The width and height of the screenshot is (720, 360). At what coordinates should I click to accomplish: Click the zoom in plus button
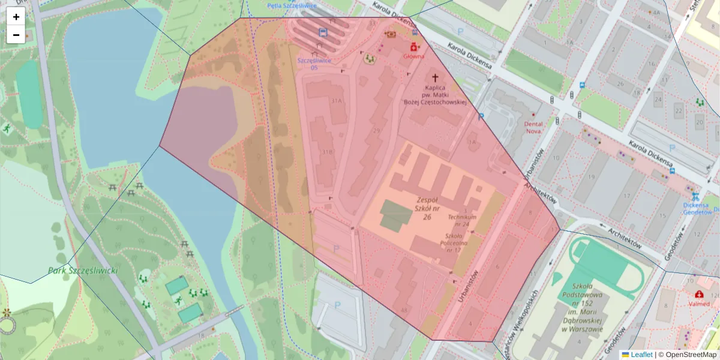[x=16, y=17]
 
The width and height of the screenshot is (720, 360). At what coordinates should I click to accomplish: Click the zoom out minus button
[x=16, y=35]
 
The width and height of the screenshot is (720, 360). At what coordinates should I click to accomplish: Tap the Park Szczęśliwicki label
[x=83, y=271]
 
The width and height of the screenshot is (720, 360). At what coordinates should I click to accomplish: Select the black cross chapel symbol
[x=435, y=78]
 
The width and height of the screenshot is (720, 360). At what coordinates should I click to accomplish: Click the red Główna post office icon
[x=413, y=47]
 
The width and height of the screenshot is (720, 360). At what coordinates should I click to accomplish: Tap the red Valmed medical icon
[x=699, y=295]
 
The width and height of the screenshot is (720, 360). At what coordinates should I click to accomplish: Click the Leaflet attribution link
[x=641, y=355]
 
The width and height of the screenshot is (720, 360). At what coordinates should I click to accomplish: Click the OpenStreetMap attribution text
[x=687, y=355]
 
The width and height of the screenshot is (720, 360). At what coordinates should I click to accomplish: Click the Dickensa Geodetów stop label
[x=697, y=208]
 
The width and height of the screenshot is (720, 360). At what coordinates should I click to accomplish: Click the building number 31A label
[x=336, y=101]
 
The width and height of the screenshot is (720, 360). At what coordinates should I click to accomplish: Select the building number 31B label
[x=327, y=152]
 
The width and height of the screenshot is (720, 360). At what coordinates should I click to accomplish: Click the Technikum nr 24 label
[x=461, y=220]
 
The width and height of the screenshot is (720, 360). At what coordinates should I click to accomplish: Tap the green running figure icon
[x=7, y=128]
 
